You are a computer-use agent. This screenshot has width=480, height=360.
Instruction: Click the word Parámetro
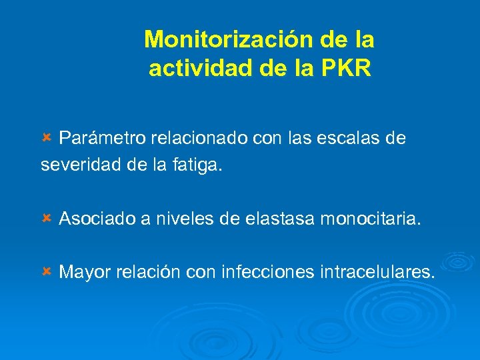103,139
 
